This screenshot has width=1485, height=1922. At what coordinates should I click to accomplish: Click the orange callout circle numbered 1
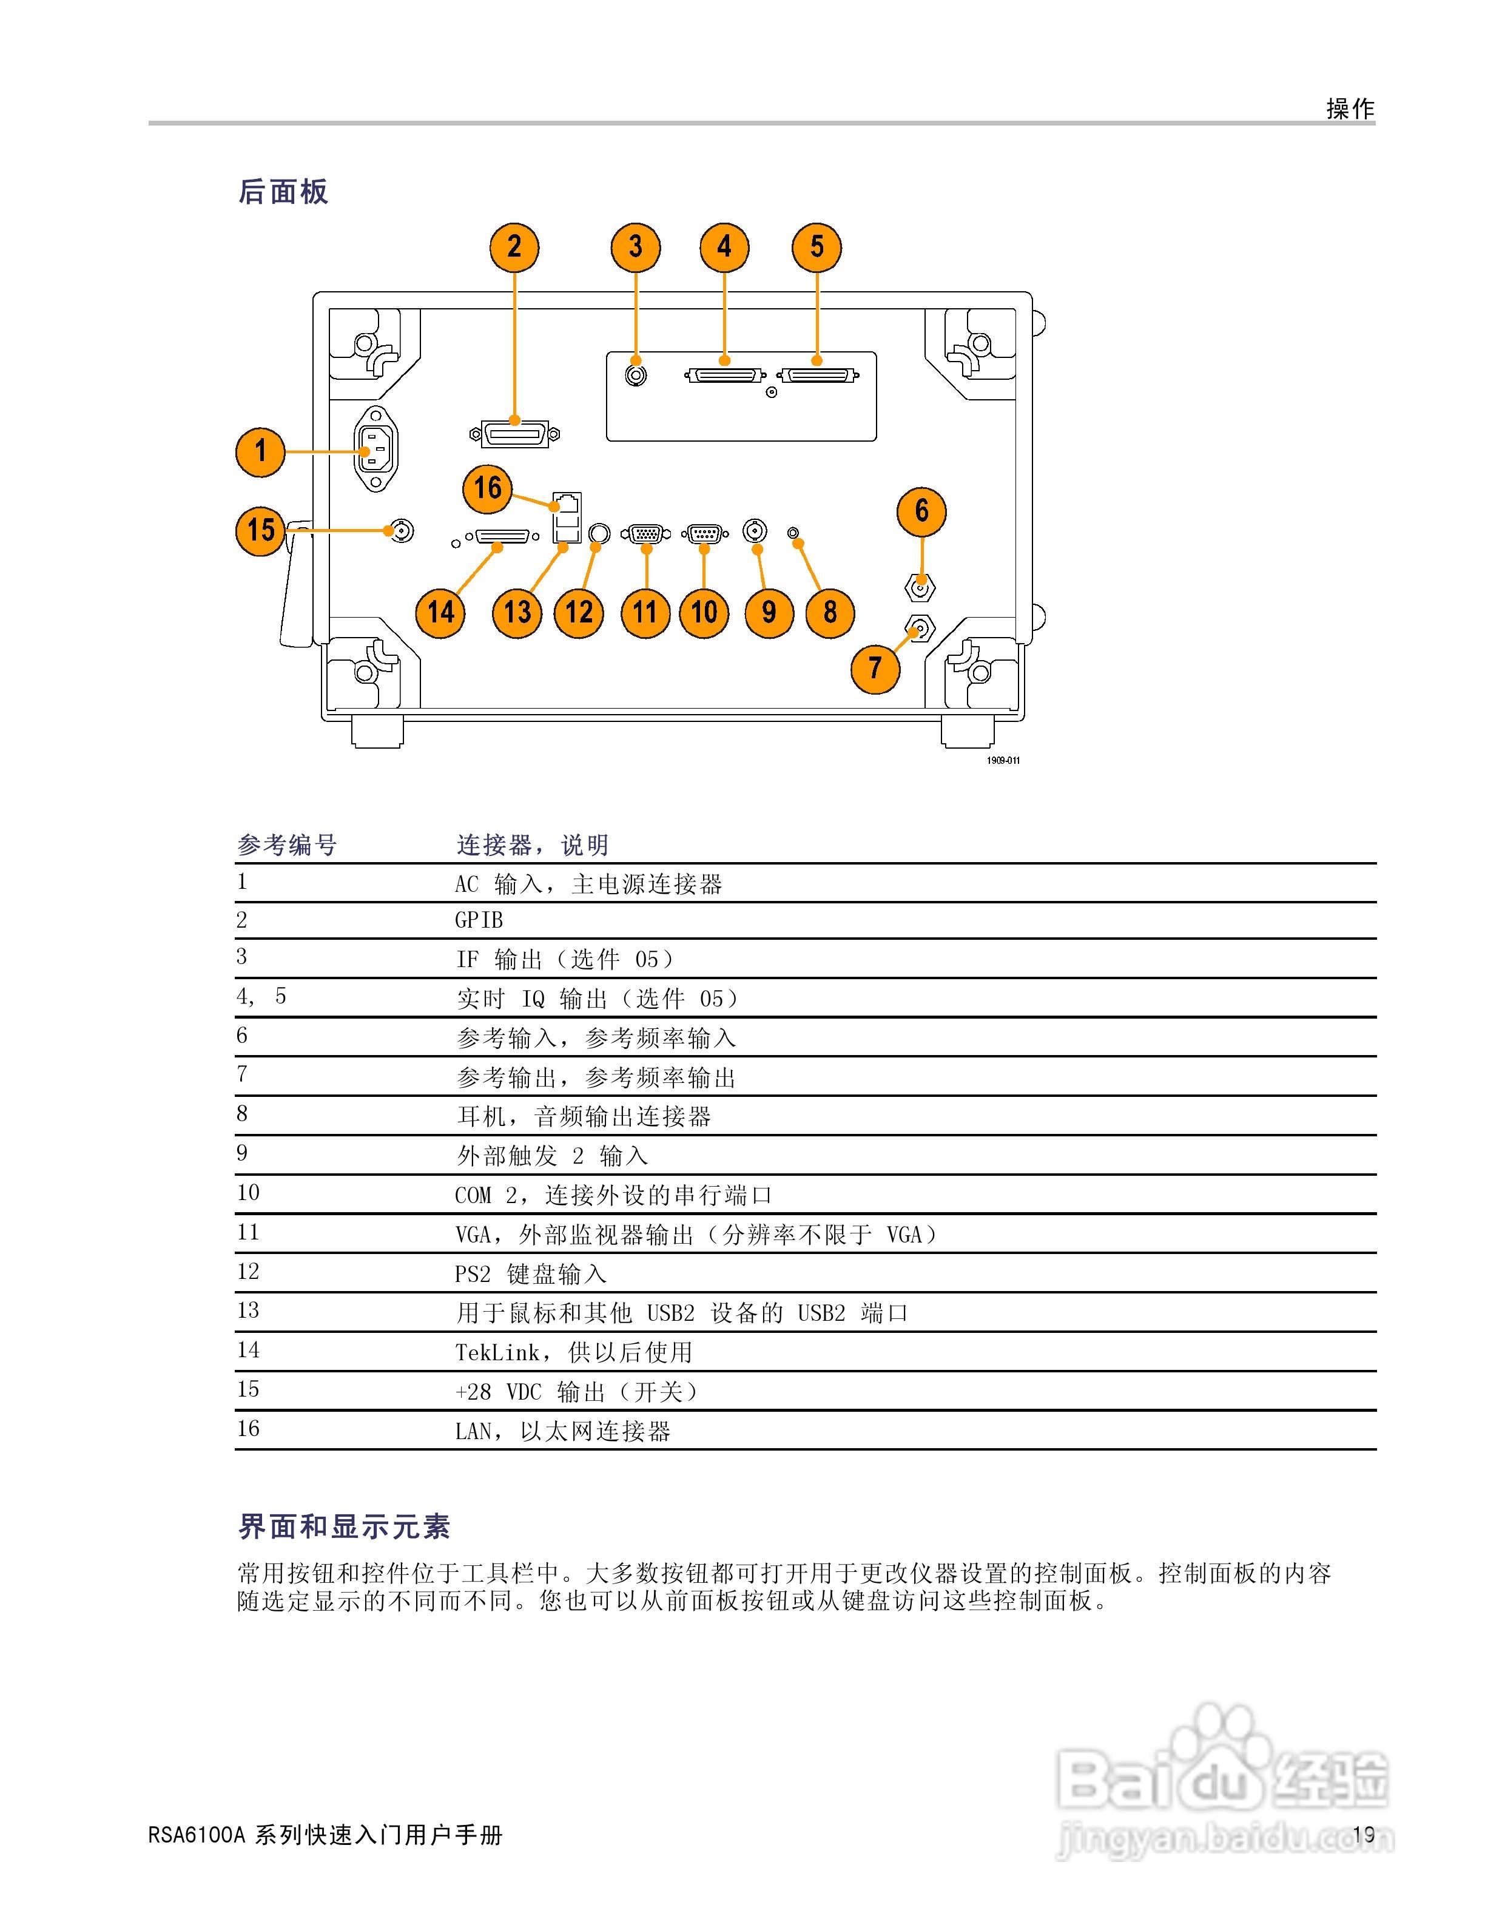click(x=260, y=451)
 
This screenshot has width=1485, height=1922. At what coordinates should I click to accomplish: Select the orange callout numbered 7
click(x=875, y=668)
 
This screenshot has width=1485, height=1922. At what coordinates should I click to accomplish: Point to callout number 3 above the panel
click(x=635, y=248)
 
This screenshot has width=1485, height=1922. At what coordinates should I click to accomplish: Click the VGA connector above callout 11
click(x=645, y=533)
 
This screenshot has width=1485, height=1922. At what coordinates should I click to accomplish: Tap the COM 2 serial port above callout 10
click(x=704, y=533)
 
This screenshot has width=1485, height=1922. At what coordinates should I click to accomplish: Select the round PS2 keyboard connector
click(x=599, y=533)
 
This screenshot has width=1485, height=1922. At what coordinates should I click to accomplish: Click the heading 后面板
click(x=283, y=192)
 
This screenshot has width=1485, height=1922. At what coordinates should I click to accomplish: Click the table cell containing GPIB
click(x=479, y=920)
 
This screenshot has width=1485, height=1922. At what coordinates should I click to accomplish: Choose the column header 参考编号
click(x=287, y=846)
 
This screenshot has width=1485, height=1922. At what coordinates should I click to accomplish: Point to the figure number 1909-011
click(x=1003, y=760)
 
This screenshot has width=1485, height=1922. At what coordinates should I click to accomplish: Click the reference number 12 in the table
click(x=248, y=1272)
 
